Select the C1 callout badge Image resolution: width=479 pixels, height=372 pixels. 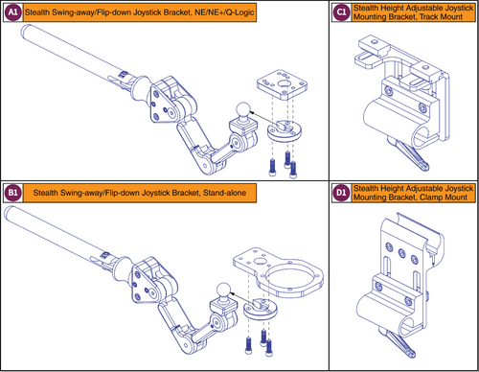[x=341, y=12]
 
